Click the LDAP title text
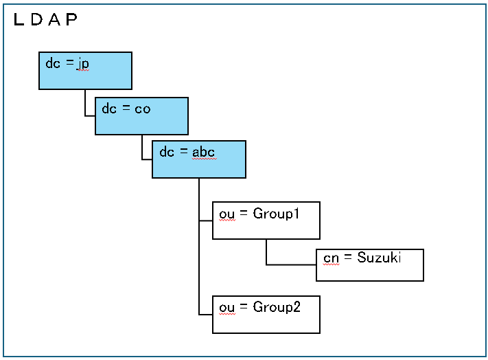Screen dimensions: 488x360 point(45,19)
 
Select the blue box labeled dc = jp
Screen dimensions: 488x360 point(85,71)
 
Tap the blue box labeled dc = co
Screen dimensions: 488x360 point(141,116)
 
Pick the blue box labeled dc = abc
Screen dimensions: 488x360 point(199,159)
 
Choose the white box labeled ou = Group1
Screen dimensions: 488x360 point(266,221)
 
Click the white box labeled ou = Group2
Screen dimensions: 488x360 point(266,315)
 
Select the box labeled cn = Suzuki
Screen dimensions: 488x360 point(370,265)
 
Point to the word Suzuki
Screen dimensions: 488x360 point(379,258)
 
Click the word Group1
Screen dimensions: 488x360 point(276,214)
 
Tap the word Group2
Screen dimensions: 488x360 point(277,307)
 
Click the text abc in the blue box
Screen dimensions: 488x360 point(203,153)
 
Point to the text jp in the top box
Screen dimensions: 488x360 point(83,64)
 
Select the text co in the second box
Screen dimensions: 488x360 point(143,109)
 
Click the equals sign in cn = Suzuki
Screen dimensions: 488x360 point(347,257)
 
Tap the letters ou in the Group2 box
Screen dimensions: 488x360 point(226,308)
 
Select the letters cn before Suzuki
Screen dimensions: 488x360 point(331,258)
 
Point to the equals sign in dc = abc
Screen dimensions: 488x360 point(184,151)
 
